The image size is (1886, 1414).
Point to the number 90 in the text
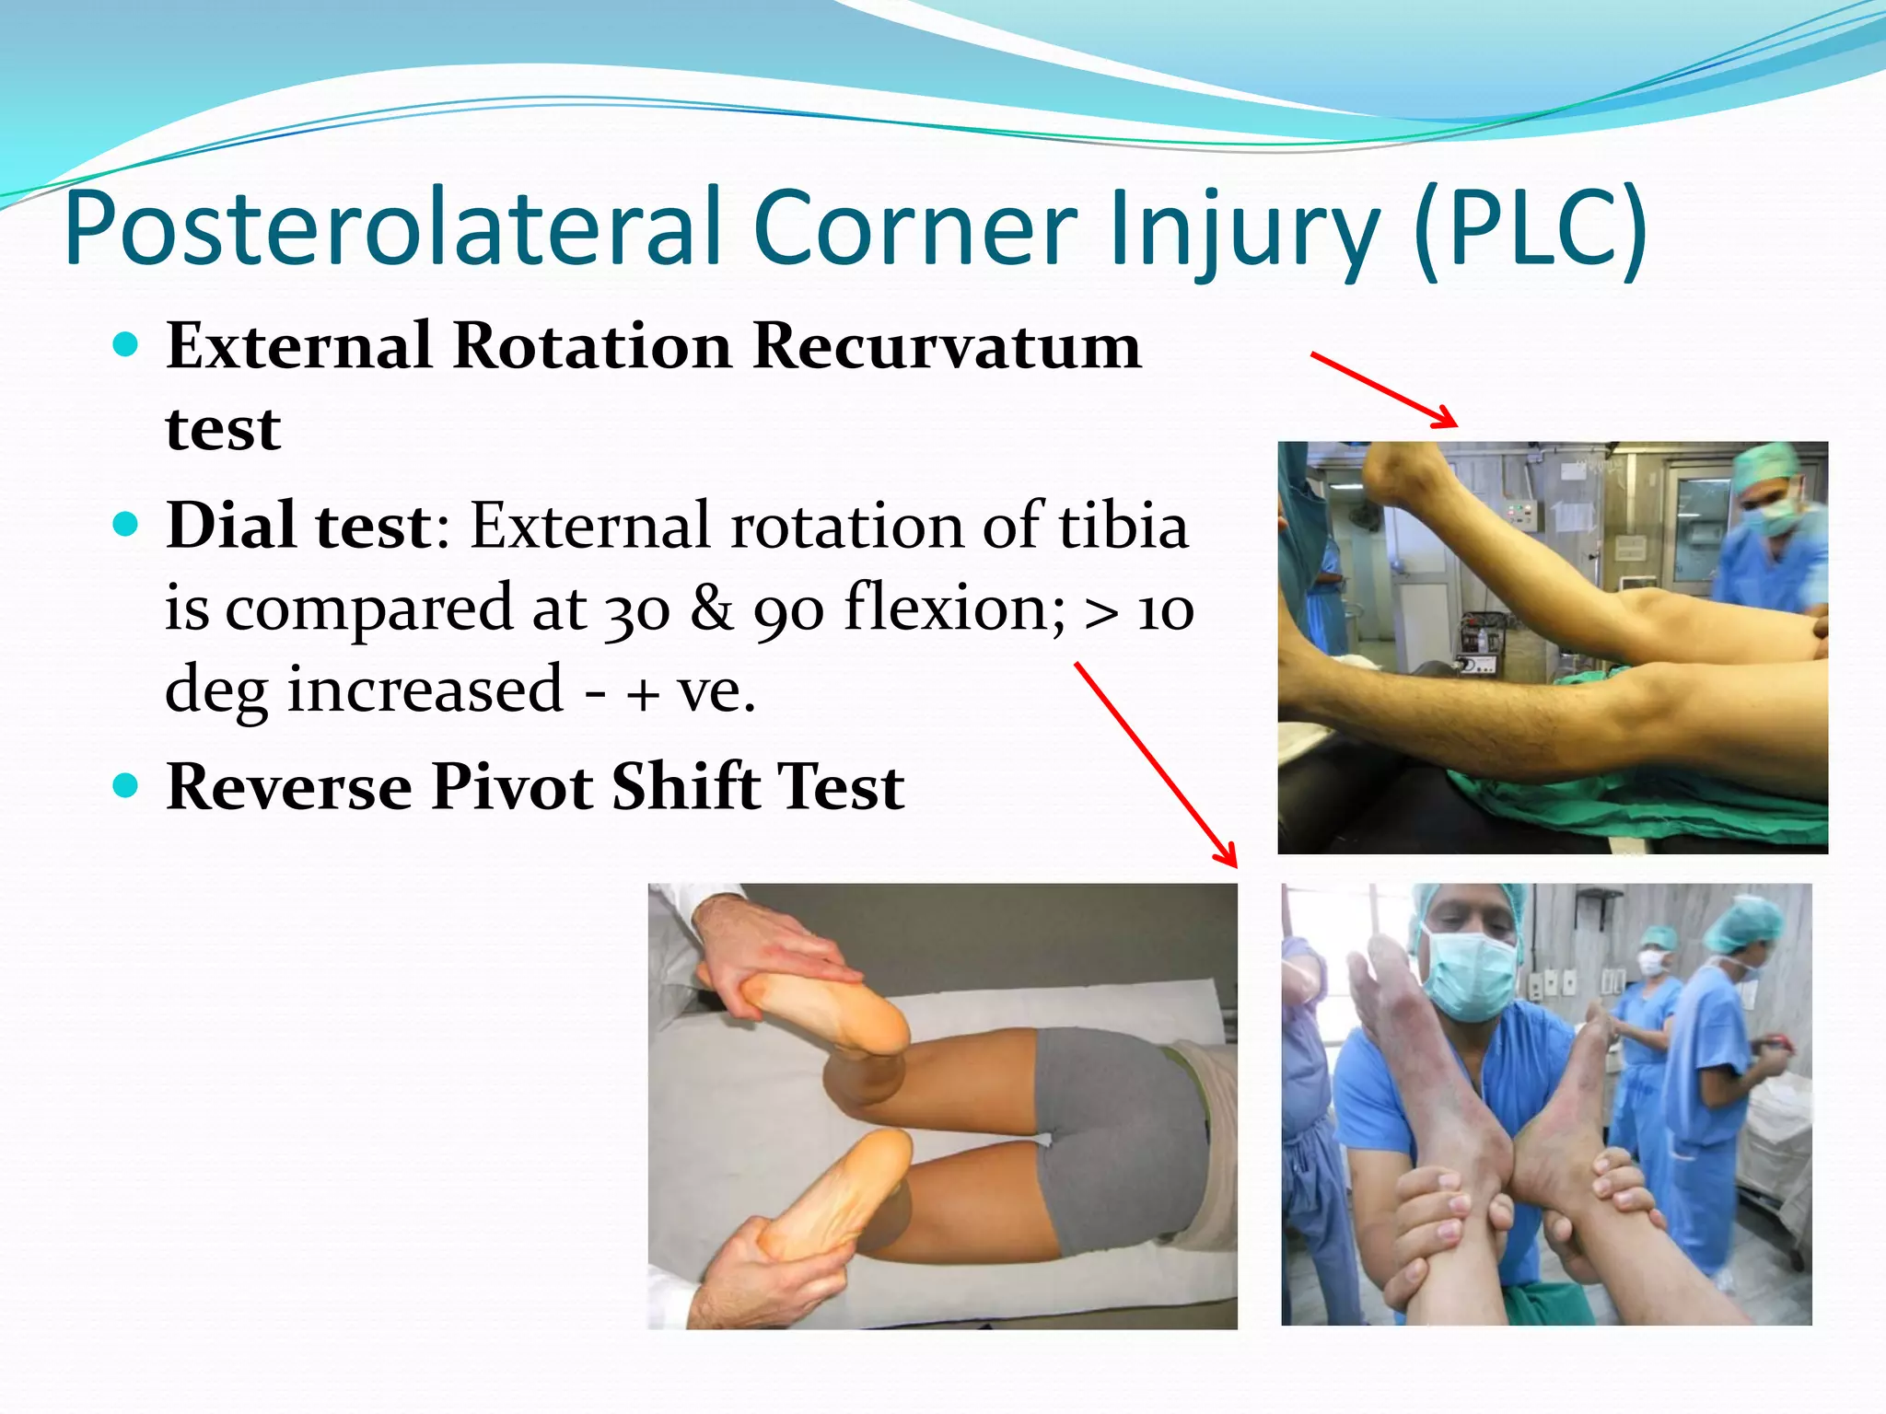[x=789, y=608]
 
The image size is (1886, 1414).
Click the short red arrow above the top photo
[x=1384, y=390]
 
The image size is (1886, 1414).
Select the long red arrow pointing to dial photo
[x=1157, y=765]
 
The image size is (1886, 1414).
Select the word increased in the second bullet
[x=425, y=690]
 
